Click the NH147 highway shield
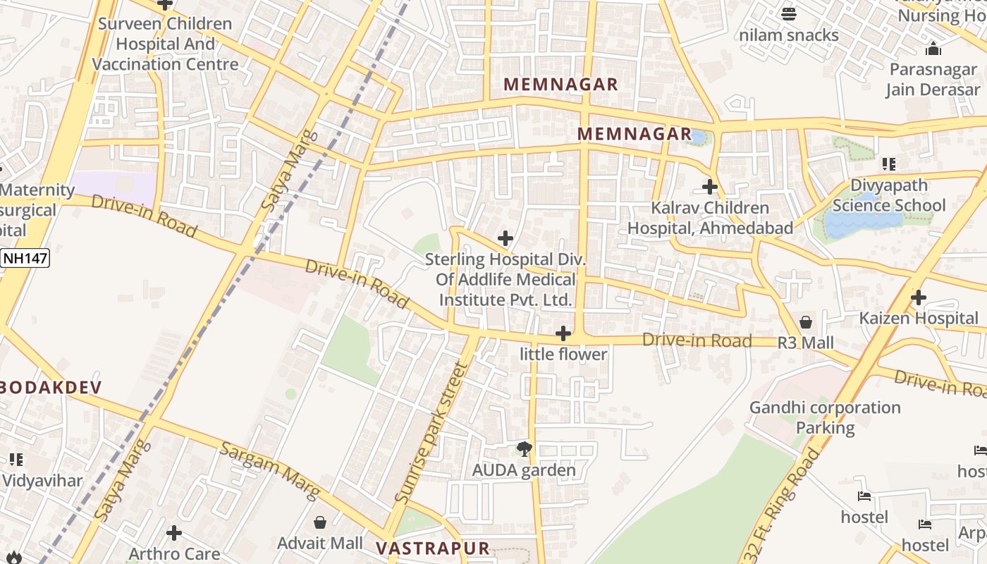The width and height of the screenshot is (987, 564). click(x=25, y=258)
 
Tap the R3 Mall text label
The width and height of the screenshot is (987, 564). click(x=806, y=343)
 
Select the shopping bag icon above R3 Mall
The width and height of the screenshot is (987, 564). click(x=806, y=322)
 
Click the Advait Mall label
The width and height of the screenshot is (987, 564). click(x=320, y=544)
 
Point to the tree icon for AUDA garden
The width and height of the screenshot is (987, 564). click(x=524, y=448)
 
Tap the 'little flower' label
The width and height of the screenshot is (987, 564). click(x=563, y=355)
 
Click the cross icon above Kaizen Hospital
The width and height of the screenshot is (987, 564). click(x=918, y=298)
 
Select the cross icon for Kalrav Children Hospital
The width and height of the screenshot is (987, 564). click(x=710, y=187)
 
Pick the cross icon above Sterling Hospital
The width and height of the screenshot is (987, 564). click(x=505, y=238)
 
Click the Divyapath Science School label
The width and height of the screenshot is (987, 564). click(x=889, y=196)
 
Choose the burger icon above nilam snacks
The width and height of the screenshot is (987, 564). click(x=789, y=13)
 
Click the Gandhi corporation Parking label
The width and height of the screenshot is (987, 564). click(x=825, y=417)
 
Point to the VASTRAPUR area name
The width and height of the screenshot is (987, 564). click(x=432, y=548)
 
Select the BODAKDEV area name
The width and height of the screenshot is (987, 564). click(x=51, y=387)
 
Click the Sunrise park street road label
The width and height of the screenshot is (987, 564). click(x=431, y=432)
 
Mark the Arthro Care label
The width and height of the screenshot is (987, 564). click(x=174, y=553)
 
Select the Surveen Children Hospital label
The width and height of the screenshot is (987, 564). click(x=165, y=44)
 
